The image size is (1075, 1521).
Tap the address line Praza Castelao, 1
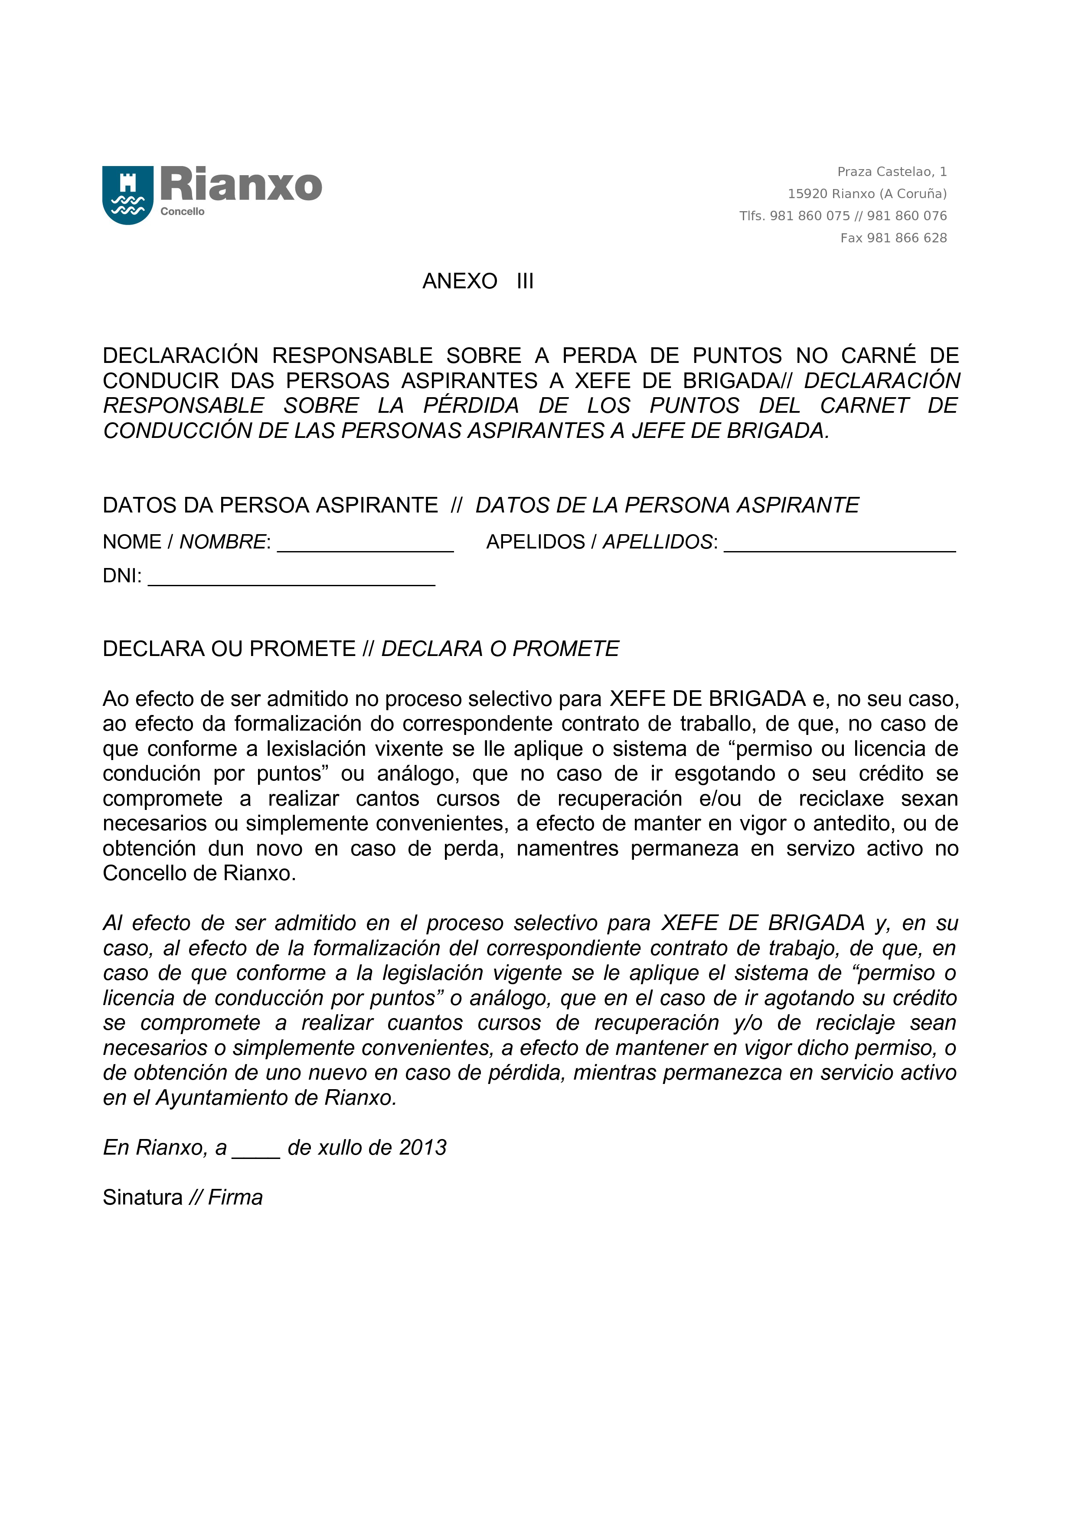click(892, 172)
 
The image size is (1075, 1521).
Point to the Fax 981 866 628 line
click(893, 238)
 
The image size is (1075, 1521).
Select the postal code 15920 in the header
click(807, 194)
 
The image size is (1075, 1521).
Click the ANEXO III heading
click(477, 281)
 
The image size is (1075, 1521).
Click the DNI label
click(122, 576)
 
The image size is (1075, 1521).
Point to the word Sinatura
click(142, 1198)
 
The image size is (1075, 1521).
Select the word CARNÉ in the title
click(878, 356)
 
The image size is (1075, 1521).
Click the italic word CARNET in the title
click(864, 405)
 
